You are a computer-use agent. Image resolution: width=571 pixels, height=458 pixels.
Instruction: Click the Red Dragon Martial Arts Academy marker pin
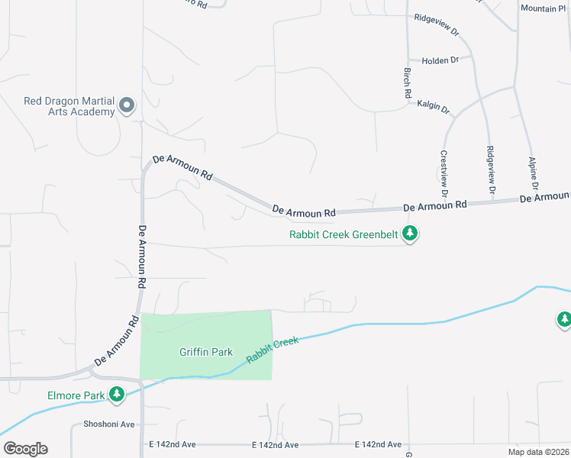click(127, 105)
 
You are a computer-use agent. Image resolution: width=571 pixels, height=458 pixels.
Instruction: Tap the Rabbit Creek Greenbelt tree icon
click(410, 234)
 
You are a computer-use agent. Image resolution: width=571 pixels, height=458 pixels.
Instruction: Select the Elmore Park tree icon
click(117, 395)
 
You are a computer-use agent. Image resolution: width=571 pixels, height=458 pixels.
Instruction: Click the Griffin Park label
click(205, 352)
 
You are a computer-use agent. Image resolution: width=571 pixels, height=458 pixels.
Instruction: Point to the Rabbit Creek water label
click(272, 350)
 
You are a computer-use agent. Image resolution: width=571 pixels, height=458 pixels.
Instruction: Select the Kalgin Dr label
click(434, 105)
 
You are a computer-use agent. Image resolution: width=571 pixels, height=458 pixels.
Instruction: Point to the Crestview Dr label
click(443, 168)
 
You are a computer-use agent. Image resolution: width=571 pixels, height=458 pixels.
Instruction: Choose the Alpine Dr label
click(534, 174)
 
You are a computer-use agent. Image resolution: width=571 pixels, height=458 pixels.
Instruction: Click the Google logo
click(25, 449)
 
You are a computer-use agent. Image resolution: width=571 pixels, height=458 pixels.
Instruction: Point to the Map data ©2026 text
click(538, 452)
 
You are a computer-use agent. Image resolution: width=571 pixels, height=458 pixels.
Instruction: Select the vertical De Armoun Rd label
click(142, 256)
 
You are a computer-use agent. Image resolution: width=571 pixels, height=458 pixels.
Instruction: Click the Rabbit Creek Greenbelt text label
click(344, 234)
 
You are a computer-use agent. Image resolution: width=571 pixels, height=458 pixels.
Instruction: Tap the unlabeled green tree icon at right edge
click(564, 320)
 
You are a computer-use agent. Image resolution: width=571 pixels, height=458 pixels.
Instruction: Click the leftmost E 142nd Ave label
click(173, 444)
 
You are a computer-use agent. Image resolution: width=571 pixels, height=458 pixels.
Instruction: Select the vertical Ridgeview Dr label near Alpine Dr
click(491, 169)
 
